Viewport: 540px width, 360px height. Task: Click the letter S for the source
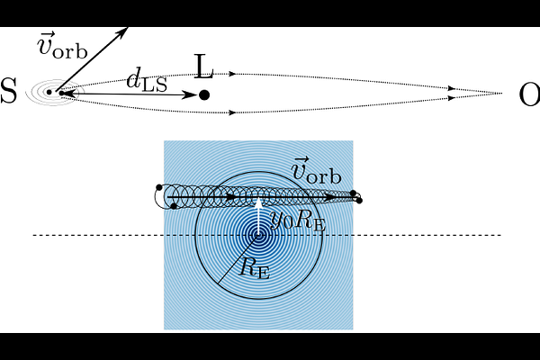click(x=8, y=91)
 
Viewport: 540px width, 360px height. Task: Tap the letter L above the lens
click(x=203, y=67)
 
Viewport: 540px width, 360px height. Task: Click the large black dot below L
click(x=204, y=94)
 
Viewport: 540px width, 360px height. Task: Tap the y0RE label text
click(x=298, y=220)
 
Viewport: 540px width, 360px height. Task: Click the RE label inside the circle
click(x=255, y=267)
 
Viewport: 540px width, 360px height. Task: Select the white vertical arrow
click(x=258, y=216)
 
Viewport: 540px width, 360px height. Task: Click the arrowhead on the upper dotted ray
click(x=233, y=74)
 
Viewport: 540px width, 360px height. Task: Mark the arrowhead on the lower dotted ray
click(x=233, y=112)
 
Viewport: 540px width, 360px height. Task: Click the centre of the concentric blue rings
click(x=258, y=235)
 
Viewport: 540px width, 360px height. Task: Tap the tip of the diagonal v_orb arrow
click(x=128, y=27)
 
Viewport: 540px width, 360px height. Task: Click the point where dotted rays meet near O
click(x=502, y=93)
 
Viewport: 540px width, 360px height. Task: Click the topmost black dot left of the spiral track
click(x=159, y=187)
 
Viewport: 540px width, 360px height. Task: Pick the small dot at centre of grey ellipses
click(x=49, y=92)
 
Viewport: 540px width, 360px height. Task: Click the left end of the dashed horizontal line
click(x=33, y=235)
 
